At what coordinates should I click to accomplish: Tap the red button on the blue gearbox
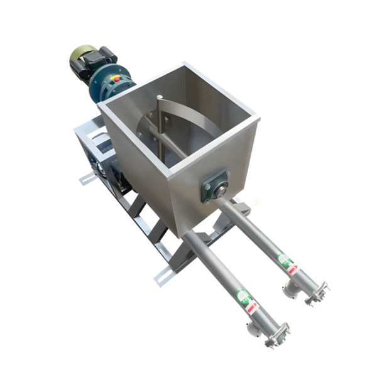[119, 79]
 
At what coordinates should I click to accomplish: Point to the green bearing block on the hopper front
[214, 186]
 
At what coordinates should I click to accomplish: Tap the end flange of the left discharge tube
[279, 334]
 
